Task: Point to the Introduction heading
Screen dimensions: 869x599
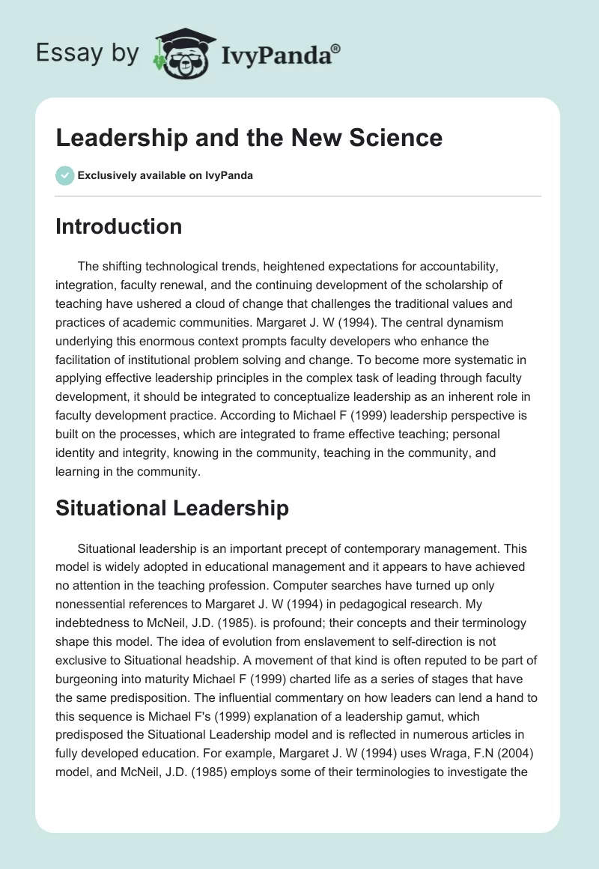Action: pyautogui.click(x=118, y=226)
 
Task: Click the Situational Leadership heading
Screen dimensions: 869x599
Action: pyautogui.click(x=171, y=508)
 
